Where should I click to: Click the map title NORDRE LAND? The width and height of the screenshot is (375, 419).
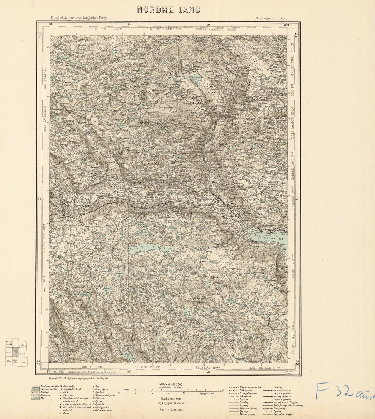pos(169,10)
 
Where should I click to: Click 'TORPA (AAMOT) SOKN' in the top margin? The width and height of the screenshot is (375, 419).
pos(216,29)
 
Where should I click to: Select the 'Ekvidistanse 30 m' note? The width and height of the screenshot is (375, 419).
pos(171,399)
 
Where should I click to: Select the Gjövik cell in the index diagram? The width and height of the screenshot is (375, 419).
pos(23,353)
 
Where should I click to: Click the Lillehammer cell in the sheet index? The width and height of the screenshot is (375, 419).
pos(23,346)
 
